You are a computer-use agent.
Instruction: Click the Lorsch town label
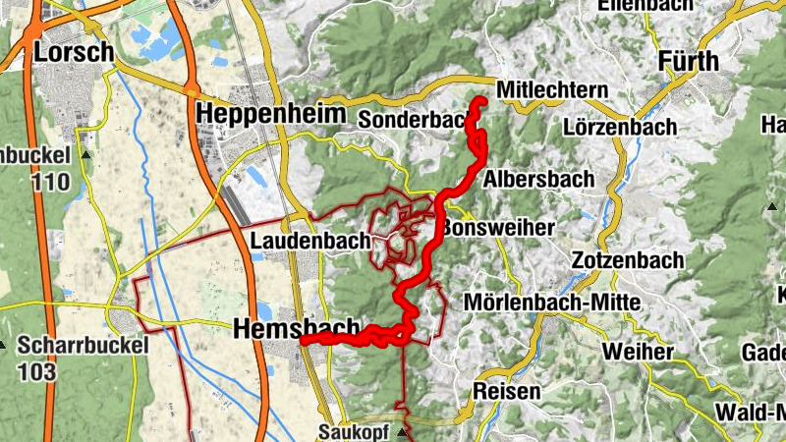click(74, 51)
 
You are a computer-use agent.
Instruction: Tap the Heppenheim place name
click(271, 113)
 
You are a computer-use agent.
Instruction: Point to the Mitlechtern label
click(553, 90)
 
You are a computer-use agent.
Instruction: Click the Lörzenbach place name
click(621, 127)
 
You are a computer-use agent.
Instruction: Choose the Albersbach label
click(539, 179)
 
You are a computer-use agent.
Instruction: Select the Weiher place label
click(639, 351)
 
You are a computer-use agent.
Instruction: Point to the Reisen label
click(506, 391)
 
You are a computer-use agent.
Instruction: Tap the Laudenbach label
click(310, 240)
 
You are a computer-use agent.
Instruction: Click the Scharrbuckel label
click(83, 346)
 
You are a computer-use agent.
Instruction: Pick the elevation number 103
click(36, 371)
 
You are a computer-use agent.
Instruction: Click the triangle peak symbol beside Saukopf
click(403, 431)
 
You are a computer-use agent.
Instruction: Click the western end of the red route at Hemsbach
click(303, 341)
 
